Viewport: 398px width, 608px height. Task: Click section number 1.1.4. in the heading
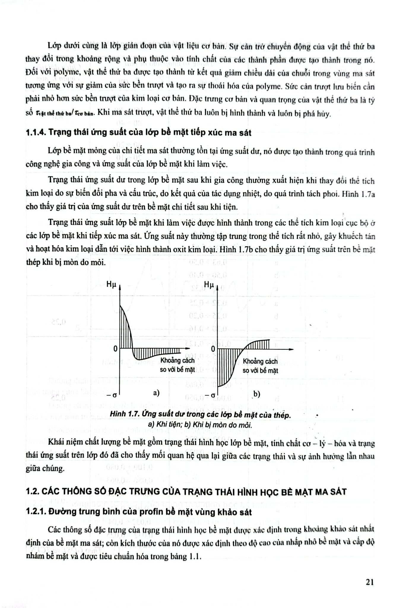point(35,133)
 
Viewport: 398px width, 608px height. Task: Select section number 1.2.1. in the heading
point(35,512)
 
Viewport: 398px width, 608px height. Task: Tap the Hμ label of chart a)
point(112,284)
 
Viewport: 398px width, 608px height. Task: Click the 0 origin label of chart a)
point(115,349)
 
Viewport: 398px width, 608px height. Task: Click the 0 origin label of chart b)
point(213,349)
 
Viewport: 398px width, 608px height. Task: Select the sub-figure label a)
point(156,393)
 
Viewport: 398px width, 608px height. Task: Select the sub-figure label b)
point(256,394)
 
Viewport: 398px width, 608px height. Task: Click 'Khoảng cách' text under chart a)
point(177,360)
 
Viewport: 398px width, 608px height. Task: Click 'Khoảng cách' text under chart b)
point(260,361)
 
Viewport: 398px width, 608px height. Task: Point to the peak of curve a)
point(120,305)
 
